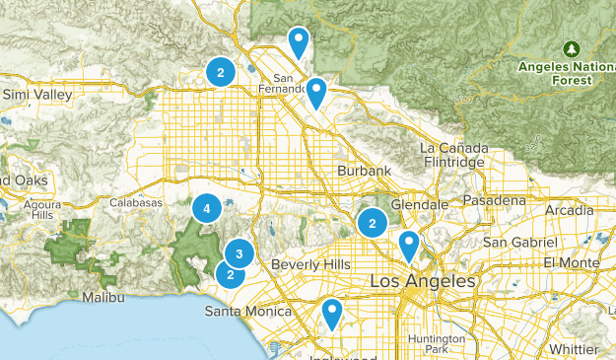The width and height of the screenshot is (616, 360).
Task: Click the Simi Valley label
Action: (37, 95)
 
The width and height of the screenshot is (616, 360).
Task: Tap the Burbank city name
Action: (365, 171)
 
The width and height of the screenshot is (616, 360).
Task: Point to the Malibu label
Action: (103, 297)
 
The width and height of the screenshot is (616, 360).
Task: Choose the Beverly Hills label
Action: (310, 265)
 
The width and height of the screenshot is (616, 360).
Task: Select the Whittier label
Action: (582, 348)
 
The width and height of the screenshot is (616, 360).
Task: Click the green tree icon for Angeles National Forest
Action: (572, 48)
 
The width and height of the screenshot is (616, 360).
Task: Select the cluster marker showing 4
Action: (206, 209)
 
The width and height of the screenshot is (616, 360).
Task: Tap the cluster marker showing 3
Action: (240, 253)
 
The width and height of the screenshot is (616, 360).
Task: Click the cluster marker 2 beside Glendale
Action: (373, 223)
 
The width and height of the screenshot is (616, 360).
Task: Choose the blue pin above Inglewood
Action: (332, 314)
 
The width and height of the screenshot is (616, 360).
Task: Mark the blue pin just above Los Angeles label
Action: (409, 244)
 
